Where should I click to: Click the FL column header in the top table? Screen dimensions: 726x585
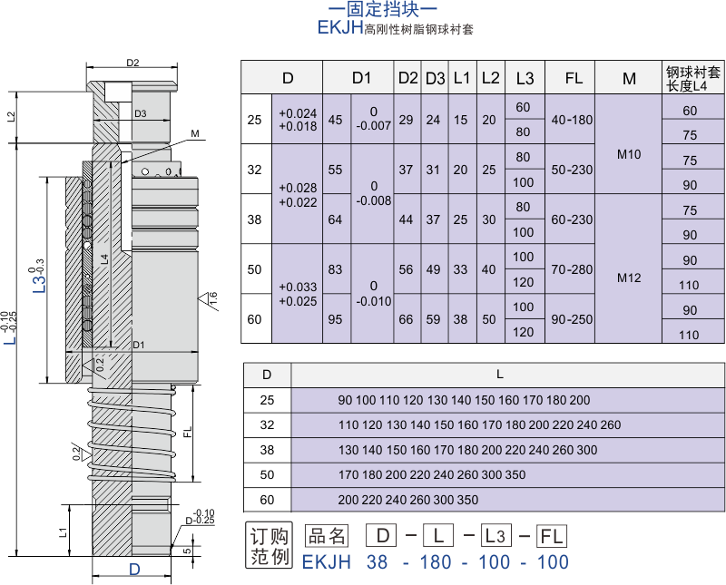coord(574,78)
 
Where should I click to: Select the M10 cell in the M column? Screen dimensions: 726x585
coord(629,154)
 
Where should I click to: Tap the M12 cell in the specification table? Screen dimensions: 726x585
coord(629,278)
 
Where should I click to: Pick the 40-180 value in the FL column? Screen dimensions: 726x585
coord(572,120)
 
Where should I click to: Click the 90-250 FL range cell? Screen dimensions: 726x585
coord(572,319)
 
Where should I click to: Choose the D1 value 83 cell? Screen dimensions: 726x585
coord(335,269)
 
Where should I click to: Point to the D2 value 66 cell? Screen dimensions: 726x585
coord(406,319)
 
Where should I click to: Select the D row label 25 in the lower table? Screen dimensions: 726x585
coord(267,400)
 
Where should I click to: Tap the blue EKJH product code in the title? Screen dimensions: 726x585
coord(339,28)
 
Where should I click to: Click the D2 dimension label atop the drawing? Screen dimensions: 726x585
coord(132,63)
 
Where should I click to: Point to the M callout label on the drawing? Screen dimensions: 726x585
coord(195,133)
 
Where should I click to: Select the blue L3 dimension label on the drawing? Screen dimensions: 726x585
coord(40,276)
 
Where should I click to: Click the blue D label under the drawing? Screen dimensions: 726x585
coord(134,569)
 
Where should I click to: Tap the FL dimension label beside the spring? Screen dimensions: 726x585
coord(188,433)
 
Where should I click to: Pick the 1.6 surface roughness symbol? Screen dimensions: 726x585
coord(209,299)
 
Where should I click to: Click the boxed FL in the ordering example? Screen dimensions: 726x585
coord(551,536)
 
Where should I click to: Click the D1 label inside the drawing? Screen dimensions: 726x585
coord(139,345)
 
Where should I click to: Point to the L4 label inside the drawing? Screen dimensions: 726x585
coord(104,259)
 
